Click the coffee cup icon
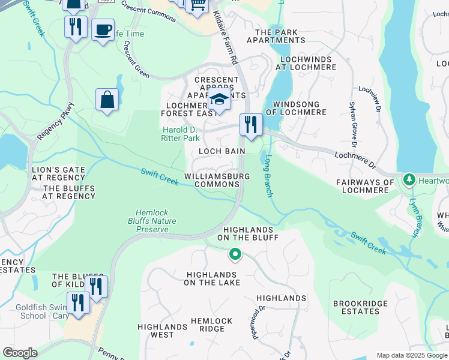tap(103, 29)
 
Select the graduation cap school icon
tap(220, 100)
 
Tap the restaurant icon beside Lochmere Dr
tap(250, 124)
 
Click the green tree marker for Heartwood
tap(409, 179)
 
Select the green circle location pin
tap(235, 255)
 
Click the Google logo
tap(20, 353)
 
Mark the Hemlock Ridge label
tap(207, 325)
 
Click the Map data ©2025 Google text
tap(412, 355)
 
